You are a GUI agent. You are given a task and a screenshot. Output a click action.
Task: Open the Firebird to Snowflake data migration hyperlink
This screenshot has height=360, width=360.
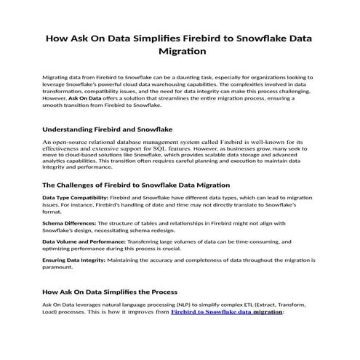tap(226, 311)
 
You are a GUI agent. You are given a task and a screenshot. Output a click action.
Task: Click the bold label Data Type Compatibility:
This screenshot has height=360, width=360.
tap(76, 198)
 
